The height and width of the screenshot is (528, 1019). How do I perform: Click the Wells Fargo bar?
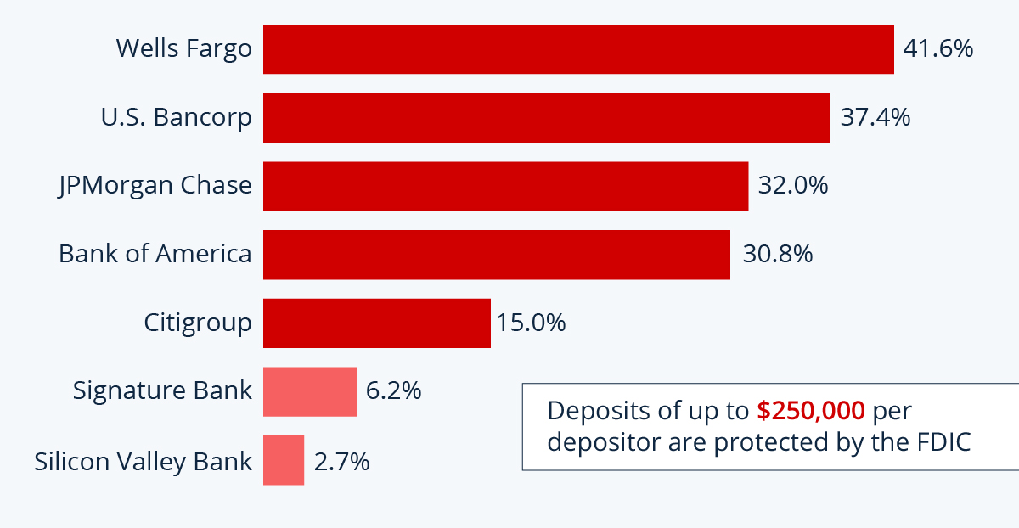tap(578, 49)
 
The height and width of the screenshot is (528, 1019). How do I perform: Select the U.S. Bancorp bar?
tap(546, 118)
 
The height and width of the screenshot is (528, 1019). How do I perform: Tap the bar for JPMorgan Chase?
tap(505, 186)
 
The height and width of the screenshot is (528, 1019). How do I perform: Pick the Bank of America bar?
tap(496, 255)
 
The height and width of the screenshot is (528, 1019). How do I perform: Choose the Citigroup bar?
tap(376, 323)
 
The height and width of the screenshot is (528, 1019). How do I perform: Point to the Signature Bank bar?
tap(310, 391)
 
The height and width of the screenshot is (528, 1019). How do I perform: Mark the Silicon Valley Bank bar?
tap(284, 460)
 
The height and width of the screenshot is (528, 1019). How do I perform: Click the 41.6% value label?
tap(937, 48)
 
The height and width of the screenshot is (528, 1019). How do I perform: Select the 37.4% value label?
tap(875, 117)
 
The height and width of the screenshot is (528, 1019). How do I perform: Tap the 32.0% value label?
tap(793, 185)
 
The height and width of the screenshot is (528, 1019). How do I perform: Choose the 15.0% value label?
tap(531, 323)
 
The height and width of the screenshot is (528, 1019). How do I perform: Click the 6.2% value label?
tap(393, 390)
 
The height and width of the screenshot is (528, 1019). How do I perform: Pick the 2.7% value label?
tap(341, 462)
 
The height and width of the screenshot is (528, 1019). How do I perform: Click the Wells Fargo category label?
tap(184, 48)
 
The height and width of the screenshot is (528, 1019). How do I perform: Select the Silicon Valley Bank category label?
tap(144, 461)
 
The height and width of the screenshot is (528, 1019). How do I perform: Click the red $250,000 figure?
tap(811, 411)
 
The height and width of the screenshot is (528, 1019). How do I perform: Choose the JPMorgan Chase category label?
tap(155, 185)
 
